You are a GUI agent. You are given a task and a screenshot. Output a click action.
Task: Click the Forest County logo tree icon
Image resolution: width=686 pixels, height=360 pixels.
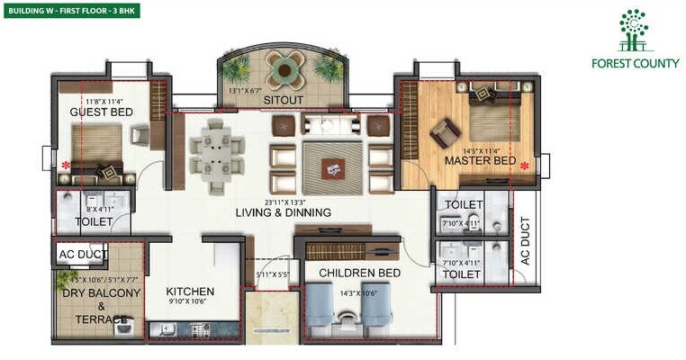pyautogui.click(x=633, y=30)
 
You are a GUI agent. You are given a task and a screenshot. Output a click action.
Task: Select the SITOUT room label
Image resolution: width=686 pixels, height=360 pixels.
pyautogui.click(x=283, y=101)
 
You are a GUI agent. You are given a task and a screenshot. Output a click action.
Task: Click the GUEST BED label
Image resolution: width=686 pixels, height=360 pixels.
pyautogui.click(x=102, y=112)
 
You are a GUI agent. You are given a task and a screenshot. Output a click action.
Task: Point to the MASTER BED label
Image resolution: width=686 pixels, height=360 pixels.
pyautogui.click(x=480, y=161)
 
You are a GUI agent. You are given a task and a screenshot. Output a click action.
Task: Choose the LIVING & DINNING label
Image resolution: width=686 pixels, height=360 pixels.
pyautogui.click(x=283, y=212)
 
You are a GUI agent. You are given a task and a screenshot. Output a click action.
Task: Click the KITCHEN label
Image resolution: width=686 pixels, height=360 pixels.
pyautogui.click(x=190, y=292)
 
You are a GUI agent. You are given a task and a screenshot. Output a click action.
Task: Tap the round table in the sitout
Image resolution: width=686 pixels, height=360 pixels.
pyautogui.click(x=284, y=69)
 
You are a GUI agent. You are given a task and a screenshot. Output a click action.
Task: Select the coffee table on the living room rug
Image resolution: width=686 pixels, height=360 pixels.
pyautogui.click(x=334, y=166)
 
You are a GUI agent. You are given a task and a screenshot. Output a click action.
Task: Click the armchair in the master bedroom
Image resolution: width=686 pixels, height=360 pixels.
pyautogui.click(x=444, y=133)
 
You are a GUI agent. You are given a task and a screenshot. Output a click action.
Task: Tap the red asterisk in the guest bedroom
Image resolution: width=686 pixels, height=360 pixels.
pyautogui.click(x=65, y=166)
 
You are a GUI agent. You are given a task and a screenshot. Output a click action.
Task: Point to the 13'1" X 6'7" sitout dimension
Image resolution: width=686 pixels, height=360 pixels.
pyautogui.click(x=246, y=91)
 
